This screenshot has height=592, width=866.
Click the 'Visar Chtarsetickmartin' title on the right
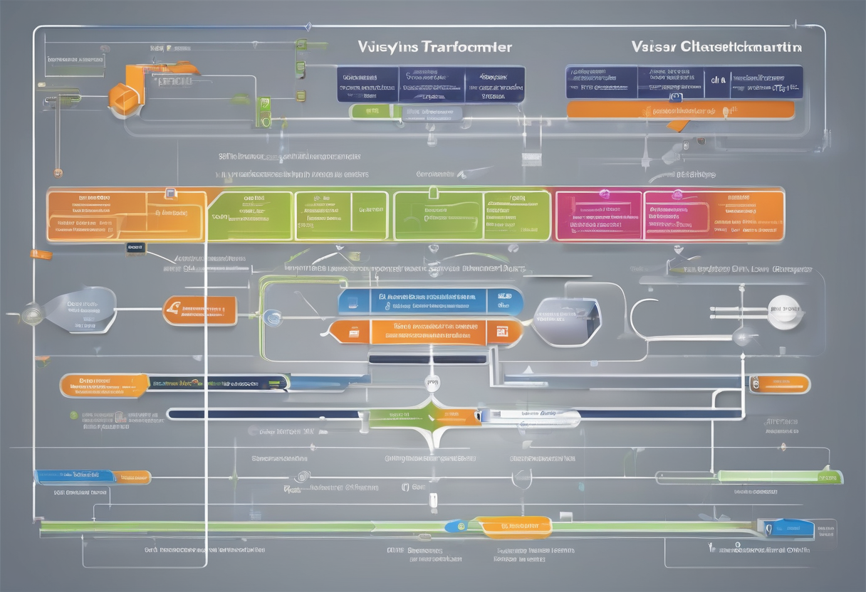715,47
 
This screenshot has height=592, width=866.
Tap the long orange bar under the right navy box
680,110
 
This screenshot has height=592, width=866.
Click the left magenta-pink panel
598,215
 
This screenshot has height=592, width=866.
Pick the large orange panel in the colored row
125,215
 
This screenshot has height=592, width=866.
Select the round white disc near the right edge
785,310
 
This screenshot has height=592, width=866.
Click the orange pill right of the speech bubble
199,310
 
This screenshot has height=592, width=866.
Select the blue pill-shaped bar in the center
430,301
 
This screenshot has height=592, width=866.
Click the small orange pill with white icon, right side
779,384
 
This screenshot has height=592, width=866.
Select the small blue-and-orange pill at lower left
93,476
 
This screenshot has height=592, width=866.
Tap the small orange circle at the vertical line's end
58,172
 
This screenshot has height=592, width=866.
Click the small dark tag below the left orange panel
135,248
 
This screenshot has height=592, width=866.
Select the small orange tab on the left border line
41,254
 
